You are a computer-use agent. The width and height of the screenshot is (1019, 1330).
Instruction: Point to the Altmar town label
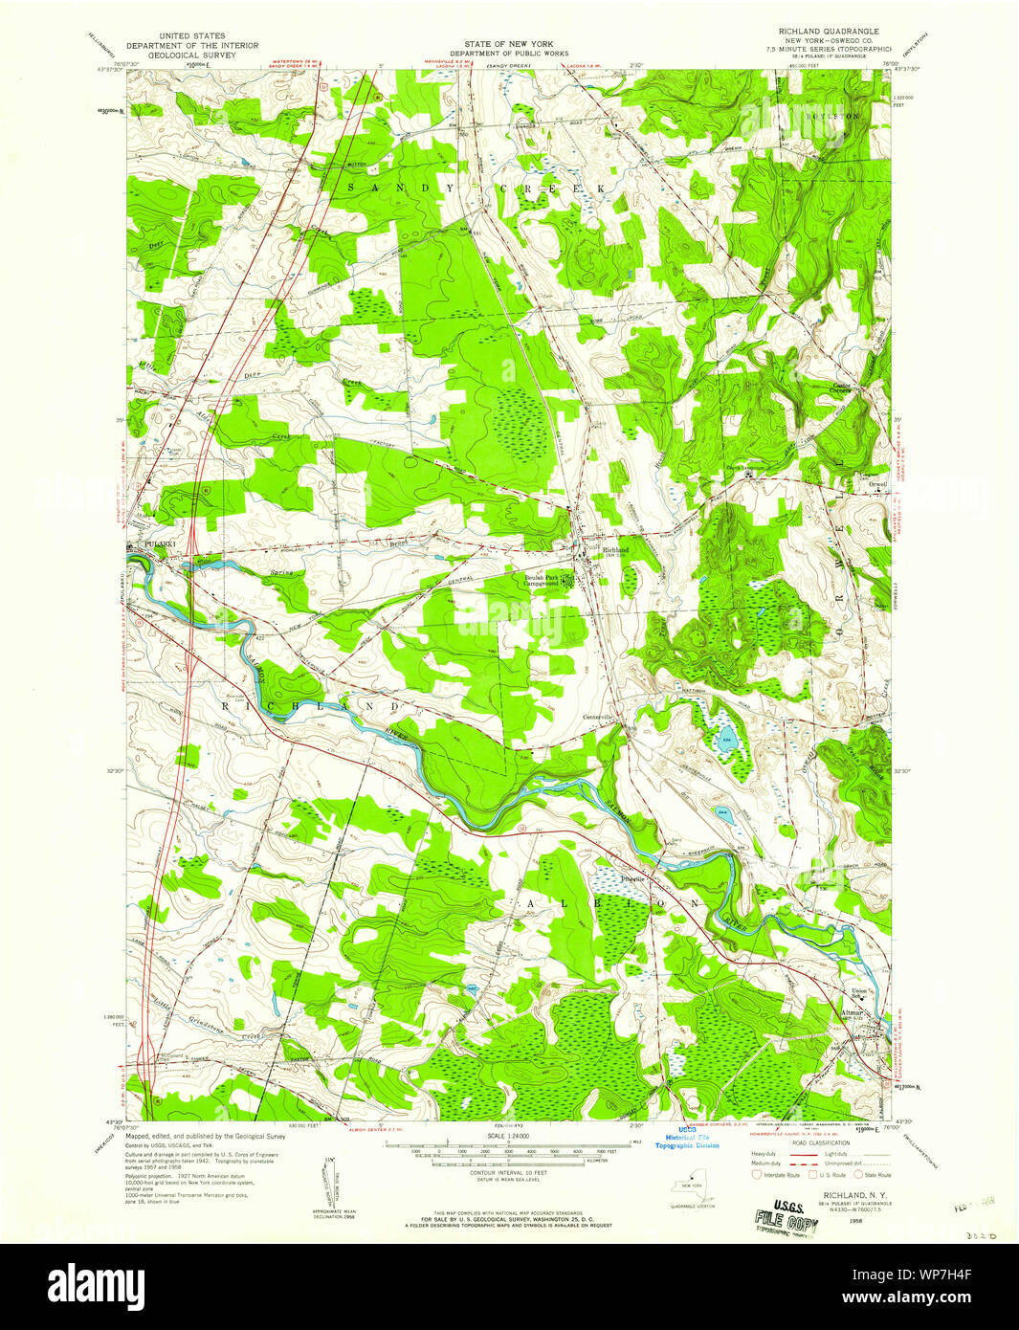(x=851, y=1012)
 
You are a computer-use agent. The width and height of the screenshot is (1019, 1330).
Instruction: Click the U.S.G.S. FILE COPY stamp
(x=781, y=1217)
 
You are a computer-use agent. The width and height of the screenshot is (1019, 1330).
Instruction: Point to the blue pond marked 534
(x=727, y=742)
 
